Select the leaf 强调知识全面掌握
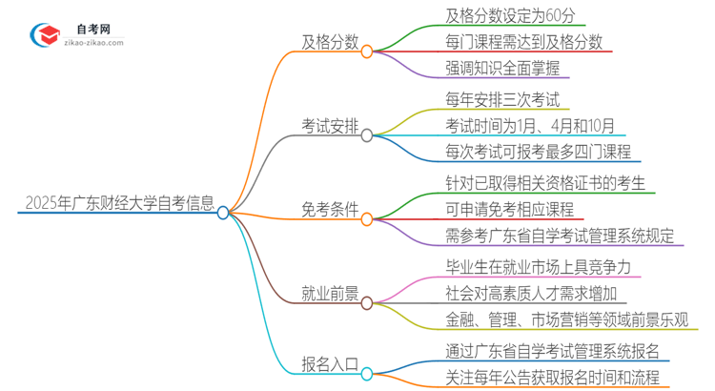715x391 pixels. (501, 68)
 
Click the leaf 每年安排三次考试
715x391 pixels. (501, 99)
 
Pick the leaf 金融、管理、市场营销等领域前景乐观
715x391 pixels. (567, 319)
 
